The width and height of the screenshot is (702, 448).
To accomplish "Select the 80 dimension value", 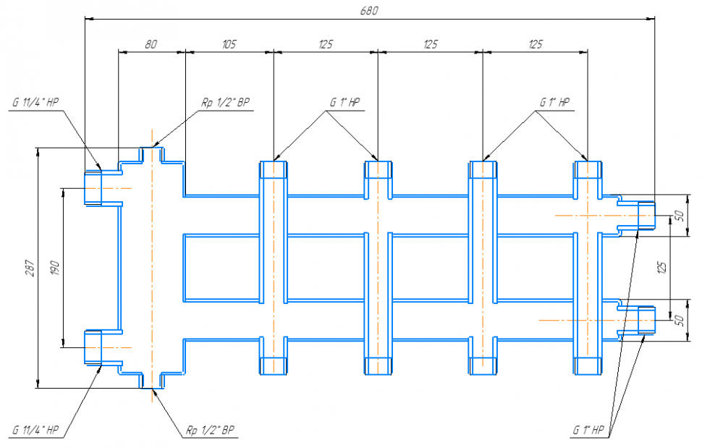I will [151, 44].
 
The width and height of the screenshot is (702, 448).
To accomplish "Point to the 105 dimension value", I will [229, 44].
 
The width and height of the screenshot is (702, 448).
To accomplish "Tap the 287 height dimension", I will [28, 267].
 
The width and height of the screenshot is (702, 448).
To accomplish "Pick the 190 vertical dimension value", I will [54, 267].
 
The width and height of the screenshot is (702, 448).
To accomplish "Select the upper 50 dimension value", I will [679, 214].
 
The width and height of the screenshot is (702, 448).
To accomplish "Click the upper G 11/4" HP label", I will [35, 103].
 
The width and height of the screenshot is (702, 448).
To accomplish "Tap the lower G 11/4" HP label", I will [35, 431].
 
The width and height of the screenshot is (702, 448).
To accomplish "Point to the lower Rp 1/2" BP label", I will [210, 431].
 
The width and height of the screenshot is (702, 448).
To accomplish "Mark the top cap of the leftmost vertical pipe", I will [274, 170].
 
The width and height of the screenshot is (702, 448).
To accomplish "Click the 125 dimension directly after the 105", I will [325, 44].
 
